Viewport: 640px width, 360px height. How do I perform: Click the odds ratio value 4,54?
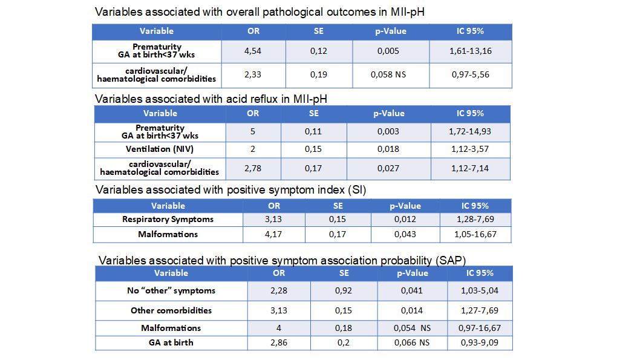point(253,51)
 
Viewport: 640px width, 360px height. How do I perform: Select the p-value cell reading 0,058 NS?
point(388,74)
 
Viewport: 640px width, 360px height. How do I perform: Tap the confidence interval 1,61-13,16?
point(470,51)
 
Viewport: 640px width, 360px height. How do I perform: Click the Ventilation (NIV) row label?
point(160,149)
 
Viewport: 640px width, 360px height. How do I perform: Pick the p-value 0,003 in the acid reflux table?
point(388,131)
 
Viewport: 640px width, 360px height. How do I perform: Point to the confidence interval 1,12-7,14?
point(470,168)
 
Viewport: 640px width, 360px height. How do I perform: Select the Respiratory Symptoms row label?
point(168,219)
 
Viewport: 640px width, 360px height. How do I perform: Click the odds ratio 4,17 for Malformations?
point(273,234)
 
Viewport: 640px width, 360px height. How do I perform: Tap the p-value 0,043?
point(405,234)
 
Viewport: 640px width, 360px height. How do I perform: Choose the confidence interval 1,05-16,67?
point(475,234)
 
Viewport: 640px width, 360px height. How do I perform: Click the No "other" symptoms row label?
point(171,290)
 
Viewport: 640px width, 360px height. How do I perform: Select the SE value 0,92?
point(343,290)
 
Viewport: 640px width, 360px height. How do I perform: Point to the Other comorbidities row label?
point(171,310)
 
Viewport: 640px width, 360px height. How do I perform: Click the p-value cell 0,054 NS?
point(412,328)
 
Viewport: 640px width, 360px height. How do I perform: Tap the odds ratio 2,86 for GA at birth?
point(279,343)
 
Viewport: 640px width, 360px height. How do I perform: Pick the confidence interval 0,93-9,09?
point(480,343)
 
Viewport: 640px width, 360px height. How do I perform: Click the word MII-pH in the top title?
point(407,12)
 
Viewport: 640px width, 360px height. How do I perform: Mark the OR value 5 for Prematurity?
point(253,131)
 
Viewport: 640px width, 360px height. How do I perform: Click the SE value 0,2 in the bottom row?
point(343,343)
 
